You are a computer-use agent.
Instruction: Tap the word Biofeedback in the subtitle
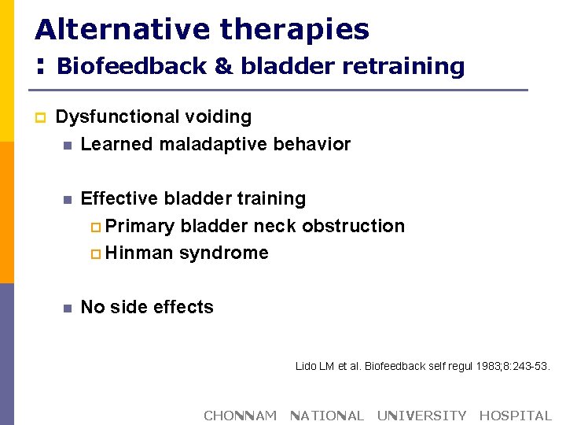130,66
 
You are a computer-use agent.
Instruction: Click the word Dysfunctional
118,117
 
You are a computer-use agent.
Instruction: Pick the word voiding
218,117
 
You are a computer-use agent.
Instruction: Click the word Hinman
140,253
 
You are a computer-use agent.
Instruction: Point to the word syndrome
224,253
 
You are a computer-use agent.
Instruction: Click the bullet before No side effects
68,309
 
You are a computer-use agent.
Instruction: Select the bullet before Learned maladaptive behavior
68,146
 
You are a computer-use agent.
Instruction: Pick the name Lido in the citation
306,366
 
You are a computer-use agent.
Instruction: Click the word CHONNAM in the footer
240,416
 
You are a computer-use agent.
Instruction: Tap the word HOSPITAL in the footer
516,416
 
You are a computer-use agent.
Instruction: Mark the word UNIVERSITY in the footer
421,416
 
